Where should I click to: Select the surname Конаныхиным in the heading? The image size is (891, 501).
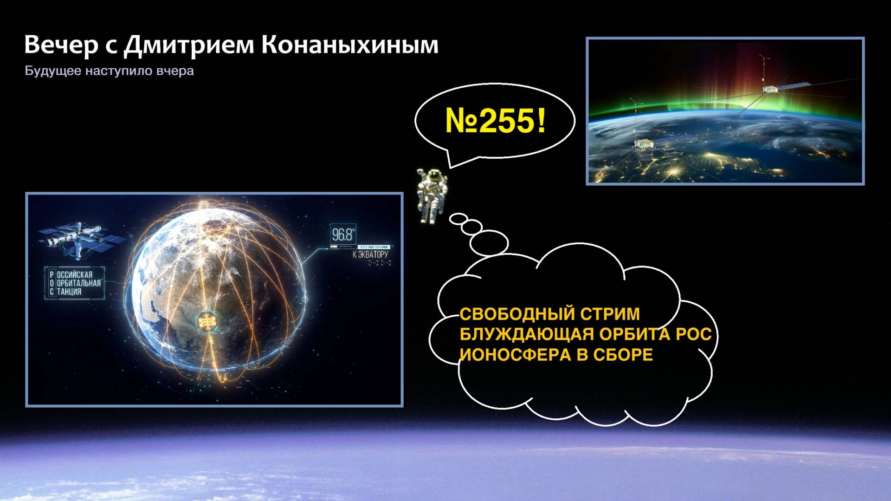coord(349,46)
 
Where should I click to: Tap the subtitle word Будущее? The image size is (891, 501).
coord(53,71)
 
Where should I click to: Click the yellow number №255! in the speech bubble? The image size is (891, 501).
coord(495,121)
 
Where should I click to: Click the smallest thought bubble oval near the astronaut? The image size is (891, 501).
coord(458,218)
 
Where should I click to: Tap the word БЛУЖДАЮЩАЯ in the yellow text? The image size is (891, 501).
coord(527,334)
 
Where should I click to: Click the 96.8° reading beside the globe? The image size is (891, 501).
coord(343,235)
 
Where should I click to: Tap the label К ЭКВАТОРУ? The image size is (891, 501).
coord(370,254)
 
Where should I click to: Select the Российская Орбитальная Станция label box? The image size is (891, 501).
coord(74,283)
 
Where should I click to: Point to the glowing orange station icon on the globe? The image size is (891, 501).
coord(207,321)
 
